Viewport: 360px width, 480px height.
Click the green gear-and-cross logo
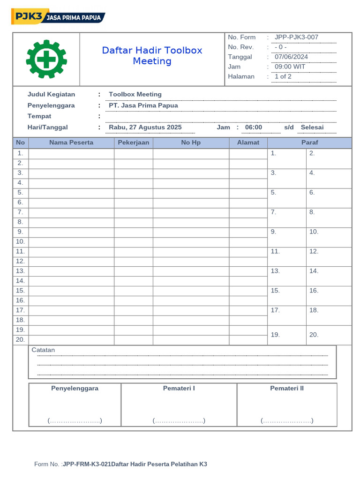click(46, 59)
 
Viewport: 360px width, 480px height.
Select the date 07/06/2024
click(291, 57)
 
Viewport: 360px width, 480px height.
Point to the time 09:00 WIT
click(290, 67)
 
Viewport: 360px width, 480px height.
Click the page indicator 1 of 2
click(283, 76)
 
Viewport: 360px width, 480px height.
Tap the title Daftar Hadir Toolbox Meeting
click(152, 56)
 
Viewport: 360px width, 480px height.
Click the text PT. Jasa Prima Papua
click(143, 105)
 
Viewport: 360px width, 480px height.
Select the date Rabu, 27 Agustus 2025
click(145, 127)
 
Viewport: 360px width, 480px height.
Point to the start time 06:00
click(254, 127)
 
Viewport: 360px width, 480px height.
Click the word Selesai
click(312, 127)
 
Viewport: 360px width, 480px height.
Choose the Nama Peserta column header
click(71, 142)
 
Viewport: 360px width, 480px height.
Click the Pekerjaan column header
click(134, 142)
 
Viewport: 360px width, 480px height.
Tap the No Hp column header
click(191, 142)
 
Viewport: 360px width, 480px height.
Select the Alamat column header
click(248, 142)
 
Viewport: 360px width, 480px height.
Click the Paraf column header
click(309, 142)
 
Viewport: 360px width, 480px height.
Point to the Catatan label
click(43, 350)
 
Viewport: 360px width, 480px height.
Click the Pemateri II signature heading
click(287, 388)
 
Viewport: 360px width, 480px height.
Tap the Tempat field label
click(39, 116)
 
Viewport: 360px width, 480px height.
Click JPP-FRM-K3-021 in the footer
click(87, 464)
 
